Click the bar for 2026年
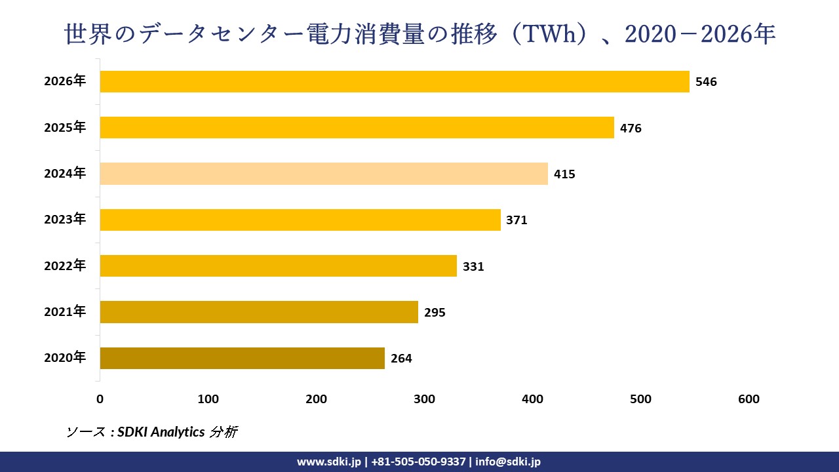[x=394, y=81]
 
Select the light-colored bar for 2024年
[x=323, y=174]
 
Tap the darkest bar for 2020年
[x=242, y=358]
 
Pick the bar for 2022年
[x=278, y=265]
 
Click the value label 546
[x=706, y=82]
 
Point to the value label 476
[x=631, y=128]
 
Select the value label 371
[x=517, y=220]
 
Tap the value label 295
[x=435, y=313]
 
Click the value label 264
[x=401, y=359]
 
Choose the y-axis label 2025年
[x=65, y=128]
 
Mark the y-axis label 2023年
[x=65, y=220]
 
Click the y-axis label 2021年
[x=65, y=312]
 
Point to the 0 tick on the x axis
[x=100, y=399]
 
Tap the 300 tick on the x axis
[x=425, y=399]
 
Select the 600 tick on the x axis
[x=749, y=399]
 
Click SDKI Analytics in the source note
[x=161, y=432]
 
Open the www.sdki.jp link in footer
[x=329, y=462]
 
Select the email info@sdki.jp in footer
[x=508, y=462]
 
